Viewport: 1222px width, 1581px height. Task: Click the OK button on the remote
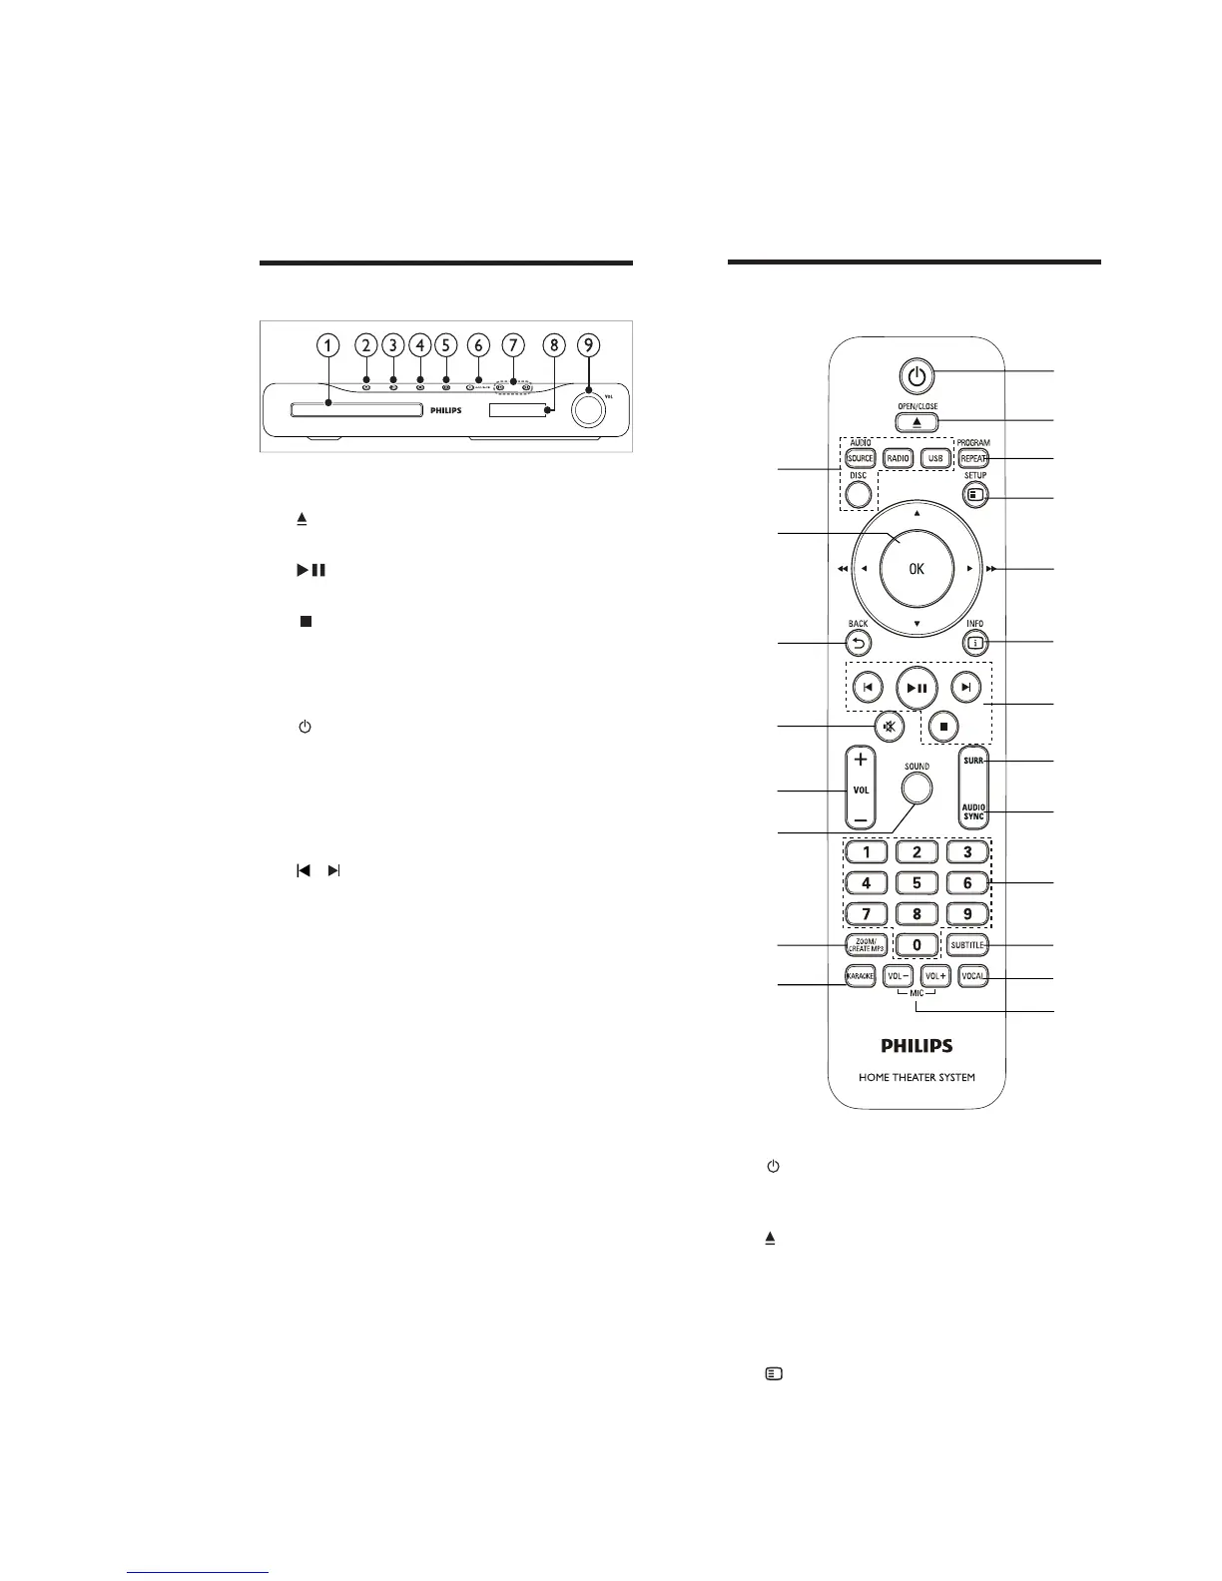point(916,569)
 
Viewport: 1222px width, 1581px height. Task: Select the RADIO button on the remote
point(898,458)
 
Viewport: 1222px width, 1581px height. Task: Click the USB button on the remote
point(933,458)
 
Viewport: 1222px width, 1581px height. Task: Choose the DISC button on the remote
point(858,493)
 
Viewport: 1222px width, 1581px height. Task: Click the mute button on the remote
point(888,726)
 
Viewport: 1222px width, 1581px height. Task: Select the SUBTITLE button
point(966,944)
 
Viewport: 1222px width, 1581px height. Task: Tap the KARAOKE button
point(861,976)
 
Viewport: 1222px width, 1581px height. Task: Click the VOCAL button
point(972,976)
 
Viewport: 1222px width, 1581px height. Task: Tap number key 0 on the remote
point(916,944)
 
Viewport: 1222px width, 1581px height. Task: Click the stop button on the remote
point(942,726)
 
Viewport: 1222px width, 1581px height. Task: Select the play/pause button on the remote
point(916,687)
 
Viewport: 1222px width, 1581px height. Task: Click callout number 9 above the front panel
point(590,345)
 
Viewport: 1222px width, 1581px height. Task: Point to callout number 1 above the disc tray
point(327,345)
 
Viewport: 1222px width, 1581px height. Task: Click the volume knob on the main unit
point(589,409)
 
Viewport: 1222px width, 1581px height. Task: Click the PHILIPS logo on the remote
point(916,1046)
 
